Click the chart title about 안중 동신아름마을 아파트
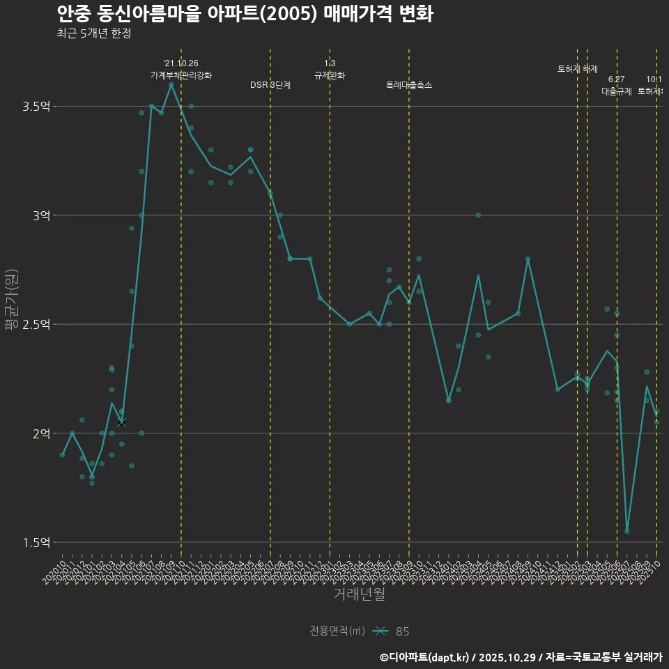pyautogui.click(x=245, y=13)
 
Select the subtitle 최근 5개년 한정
pyautogui.click(x=93, y=33)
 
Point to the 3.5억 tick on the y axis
pyautogui.click(x=37, y=107)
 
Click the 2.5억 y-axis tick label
pyautogui.click(x=37, y=325)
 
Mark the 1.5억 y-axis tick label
pyautogui.click(x=37, y=543)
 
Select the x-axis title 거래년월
pyautogui.click(x=359, y=594)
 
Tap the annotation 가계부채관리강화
pyautogui.click(x=181, y=75)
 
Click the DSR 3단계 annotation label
pyautogui.click(x=270, y=85)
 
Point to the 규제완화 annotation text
pyautogui.click(x=330, y=75)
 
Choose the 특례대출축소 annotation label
pyautogui.click(x=409, y=85)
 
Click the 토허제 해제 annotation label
pyautogui.click(x=578, y=69)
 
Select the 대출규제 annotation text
pyautogui.click(x=617, y=91)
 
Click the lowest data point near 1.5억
pyautogui.click(x=627, y=531)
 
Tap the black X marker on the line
pyautogui.click(x=122, y=422)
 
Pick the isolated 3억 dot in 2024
pyautogui.click(x=478, y=215)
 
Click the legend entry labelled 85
pyautogui.click(x=402, y=631)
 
